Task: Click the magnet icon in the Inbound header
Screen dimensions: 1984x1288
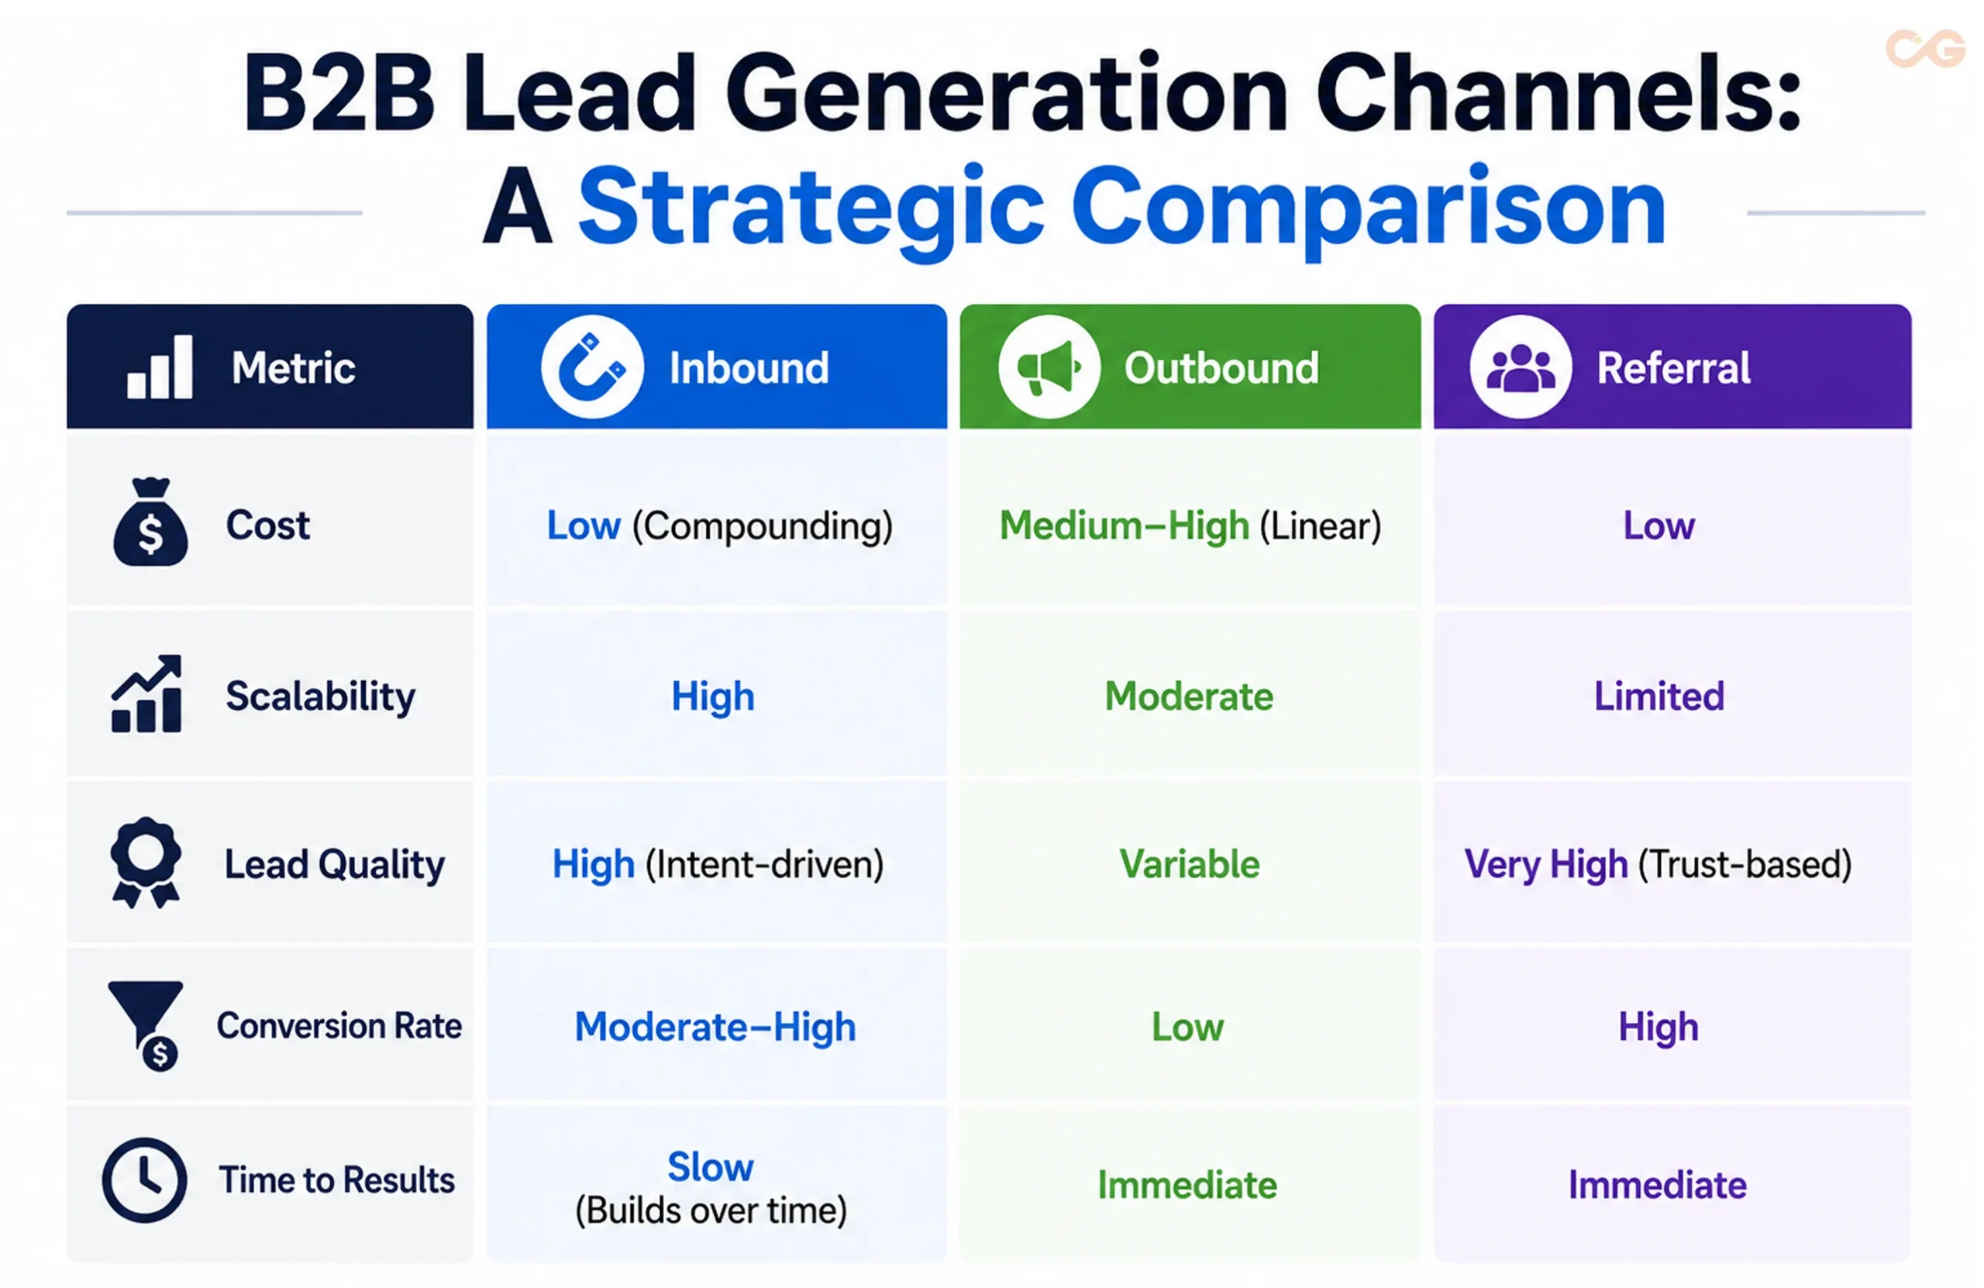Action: click(592, 367)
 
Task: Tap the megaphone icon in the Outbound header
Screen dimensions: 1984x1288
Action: click(1049, 367)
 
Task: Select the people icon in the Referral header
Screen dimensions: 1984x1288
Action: click(1521, 367)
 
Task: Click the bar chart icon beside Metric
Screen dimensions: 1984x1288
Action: click(160, 367)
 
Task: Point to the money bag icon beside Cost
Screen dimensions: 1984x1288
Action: click(150, 522)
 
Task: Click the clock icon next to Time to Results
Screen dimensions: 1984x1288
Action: click(145, 1180)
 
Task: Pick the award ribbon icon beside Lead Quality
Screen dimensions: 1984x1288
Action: click(146, 862)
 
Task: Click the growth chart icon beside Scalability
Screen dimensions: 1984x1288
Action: click(146, 694)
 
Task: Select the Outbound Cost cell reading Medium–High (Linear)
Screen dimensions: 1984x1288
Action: click(1190, 526)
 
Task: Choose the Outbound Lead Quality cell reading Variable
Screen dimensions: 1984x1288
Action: click(1190, 863)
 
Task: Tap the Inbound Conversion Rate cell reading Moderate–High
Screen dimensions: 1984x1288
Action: click(715, 1027)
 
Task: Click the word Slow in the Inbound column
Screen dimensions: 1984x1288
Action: click(710, 1166)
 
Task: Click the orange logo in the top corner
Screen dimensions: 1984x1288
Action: click(1925, 48)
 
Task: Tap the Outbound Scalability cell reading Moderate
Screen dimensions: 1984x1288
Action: click(1190, 696)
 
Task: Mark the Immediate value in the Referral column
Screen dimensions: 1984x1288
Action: click(1657, 1185)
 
